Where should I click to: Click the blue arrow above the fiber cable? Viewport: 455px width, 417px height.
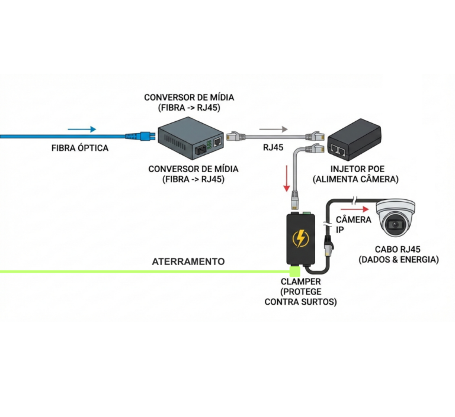[82, 128]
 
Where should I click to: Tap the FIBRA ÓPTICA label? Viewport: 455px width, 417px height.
[80, 148]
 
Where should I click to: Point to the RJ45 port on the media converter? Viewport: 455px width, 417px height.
[217, 142]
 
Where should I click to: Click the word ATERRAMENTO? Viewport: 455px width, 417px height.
[188, 261]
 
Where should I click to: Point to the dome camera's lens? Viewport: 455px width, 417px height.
[394, 225]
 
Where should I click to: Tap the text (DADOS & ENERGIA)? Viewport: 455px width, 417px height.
[399, 260]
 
